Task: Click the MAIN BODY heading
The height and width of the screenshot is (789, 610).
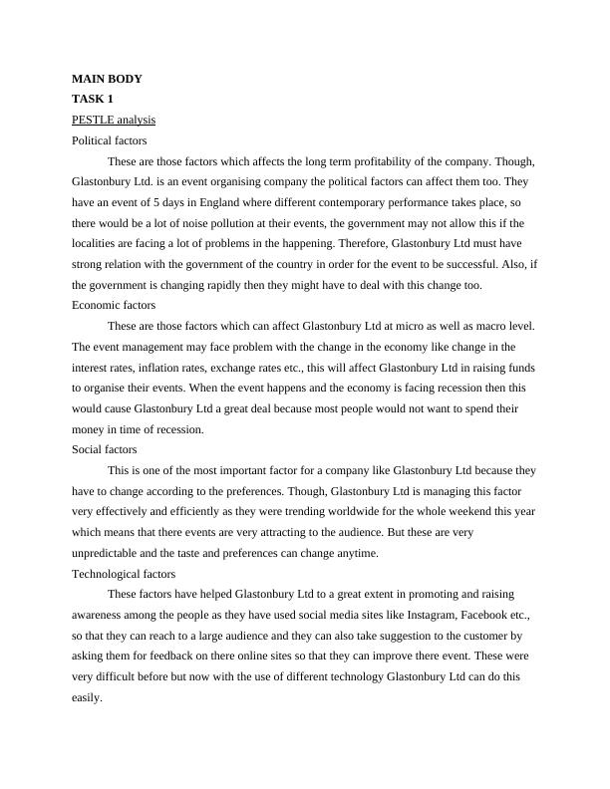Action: coord(108,79)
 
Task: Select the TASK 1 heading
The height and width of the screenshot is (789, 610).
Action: coord(94,100)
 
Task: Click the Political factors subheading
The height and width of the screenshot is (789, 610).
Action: coord(110,141)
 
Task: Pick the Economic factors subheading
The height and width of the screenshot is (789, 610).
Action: coord(114,305)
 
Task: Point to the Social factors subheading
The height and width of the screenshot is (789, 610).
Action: coord(105,449)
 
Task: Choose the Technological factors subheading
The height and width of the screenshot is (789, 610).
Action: coord(124,574)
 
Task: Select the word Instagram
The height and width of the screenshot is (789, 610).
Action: coord(395,615)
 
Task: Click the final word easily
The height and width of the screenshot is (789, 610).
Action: coord(88,697)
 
